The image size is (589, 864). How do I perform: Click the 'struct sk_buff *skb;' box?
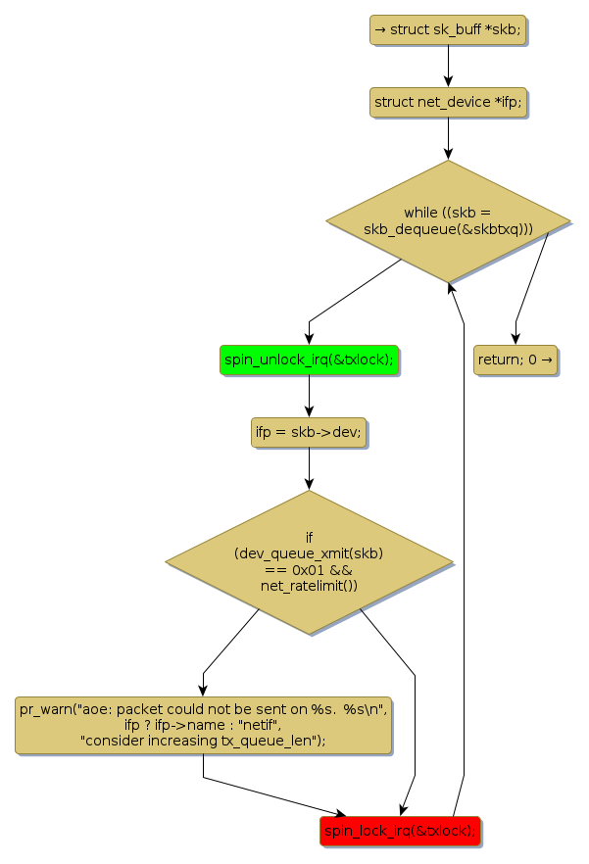tap(448, 29)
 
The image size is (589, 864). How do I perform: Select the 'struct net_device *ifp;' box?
tap(448, 102)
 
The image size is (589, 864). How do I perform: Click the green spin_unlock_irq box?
tap(309, 360)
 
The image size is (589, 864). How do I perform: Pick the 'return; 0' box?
tap(515, 360)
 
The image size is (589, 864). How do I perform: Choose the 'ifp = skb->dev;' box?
tap(309, 432)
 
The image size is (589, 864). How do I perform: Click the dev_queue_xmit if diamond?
tap(309, 562)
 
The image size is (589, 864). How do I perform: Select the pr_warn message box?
tap(203, 725)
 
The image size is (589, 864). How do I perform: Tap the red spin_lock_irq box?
tap(400, 831)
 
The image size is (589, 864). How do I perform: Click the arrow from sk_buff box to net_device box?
tap(448, 65)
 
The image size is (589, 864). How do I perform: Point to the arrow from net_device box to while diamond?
tap(448, 137)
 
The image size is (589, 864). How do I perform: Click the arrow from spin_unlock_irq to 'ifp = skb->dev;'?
tap(309, 396)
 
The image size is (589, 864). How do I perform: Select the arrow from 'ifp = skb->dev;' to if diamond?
tap(309, 467)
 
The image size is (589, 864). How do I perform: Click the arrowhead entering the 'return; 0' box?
tap(515, 338)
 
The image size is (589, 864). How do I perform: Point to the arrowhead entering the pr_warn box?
tap(203, 690)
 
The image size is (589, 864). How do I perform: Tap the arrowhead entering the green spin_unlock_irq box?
tap(309, 338)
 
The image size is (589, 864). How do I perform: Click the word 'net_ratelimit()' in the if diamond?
tap(309, 586)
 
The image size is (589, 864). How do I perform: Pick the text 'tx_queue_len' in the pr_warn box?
tap(279, 741)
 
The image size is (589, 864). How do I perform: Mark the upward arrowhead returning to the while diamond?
tap(449, 287)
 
